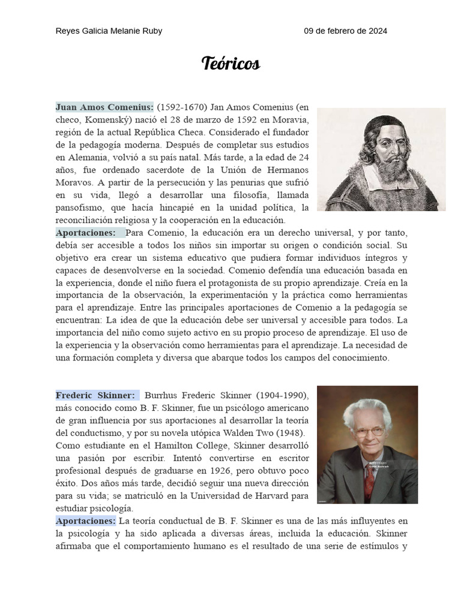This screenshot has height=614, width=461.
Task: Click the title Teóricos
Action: (230, 64)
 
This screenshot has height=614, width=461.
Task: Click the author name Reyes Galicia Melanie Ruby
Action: (109, 31)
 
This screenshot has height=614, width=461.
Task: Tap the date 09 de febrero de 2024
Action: (345, 31)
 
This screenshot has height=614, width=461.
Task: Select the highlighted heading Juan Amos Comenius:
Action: (104, 107)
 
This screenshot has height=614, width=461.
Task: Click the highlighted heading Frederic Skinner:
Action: (95, 396)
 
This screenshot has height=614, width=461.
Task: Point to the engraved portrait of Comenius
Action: (381, 159)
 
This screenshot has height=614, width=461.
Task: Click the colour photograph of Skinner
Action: (367, 444)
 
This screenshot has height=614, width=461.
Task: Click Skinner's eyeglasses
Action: (368, 431)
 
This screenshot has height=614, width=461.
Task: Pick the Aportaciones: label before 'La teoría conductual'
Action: (85, 520)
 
